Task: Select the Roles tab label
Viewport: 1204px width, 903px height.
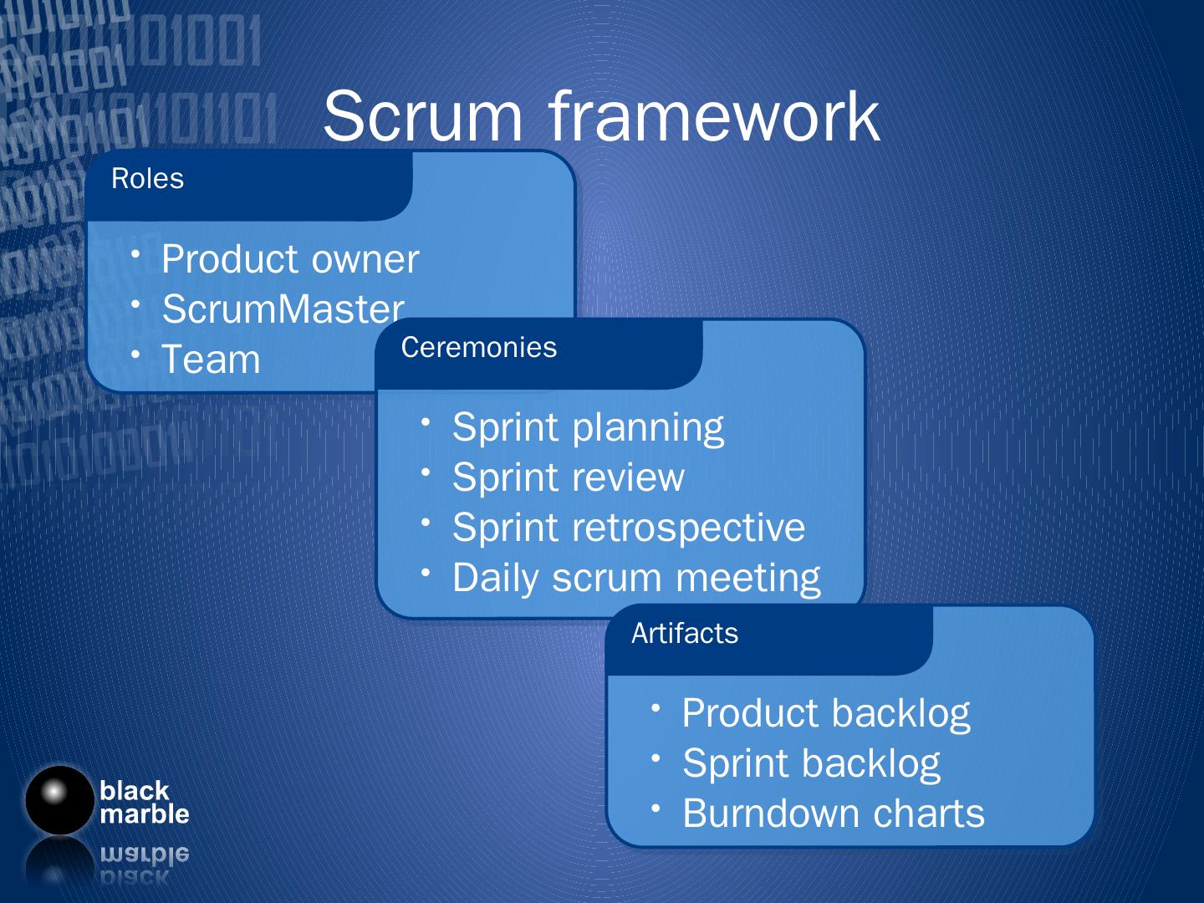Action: (x=147, y=179)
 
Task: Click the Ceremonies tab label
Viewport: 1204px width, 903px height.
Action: (x=478, y=348)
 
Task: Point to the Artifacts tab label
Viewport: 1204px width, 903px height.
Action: (x=684, y=634)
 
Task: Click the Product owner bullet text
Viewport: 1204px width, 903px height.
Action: (x=289, y=259)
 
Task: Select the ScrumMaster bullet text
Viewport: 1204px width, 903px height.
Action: (x=283, y=309)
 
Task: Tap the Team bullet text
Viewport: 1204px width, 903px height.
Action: (x=211, y=360)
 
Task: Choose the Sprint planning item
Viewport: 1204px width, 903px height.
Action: (x=588, y=427)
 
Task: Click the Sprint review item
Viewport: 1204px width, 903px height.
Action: (x=568, y=477)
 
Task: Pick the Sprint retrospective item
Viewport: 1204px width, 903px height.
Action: (x=628, y=528)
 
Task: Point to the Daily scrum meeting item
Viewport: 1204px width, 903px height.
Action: (x=635, y=578)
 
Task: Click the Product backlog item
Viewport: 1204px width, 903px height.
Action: (x=825, y=713)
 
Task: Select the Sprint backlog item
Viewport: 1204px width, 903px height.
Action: (x=811, y=763)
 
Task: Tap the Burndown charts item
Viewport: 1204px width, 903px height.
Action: (x=833, y=814)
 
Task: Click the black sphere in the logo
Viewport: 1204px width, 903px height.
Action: (x=58, y=799)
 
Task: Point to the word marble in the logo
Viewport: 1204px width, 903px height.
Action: (x=144, y=814)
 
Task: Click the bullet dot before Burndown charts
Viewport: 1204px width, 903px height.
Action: (x=657, y=808)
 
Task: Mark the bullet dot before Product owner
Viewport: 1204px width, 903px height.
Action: (x=136, y=253)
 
